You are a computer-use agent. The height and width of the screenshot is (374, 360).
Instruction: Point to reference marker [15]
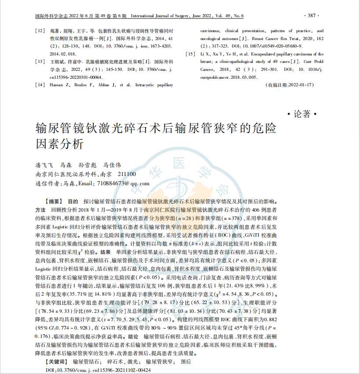coord(190,53)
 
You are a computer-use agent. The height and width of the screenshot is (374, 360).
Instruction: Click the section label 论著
coord(302,114)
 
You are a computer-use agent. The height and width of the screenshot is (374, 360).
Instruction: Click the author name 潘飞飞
coord(44,165)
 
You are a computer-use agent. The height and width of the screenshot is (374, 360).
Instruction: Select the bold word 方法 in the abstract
coord(40,209)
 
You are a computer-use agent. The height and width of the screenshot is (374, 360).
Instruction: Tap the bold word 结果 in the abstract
coord(105,252)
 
